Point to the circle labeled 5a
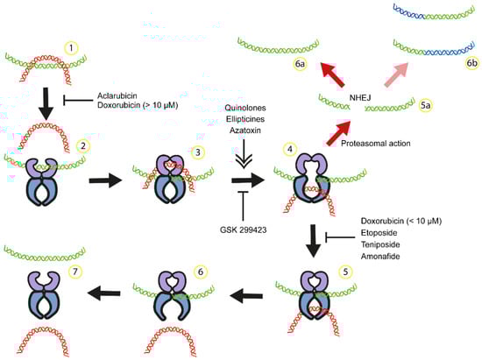[x=425, y=105]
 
